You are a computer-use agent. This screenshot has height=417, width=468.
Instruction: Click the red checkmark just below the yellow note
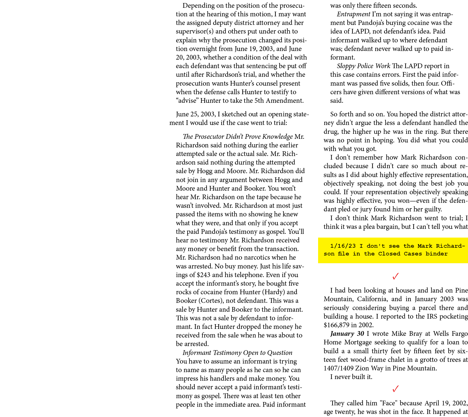tap(396, 276)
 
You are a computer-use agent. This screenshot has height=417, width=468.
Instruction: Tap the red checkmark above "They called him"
tap(396, 389)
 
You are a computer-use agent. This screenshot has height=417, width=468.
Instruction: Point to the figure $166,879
tap(336, 325)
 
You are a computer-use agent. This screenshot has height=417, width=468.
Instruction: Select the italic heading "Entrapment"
tap(353, 14)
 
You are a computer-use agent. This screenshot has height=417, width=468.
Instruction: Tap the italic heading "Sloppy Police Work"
tap(363, 66)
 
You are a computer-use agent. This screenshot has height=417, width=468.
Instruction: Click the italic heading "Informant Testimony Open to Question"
tap(237, 353)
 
